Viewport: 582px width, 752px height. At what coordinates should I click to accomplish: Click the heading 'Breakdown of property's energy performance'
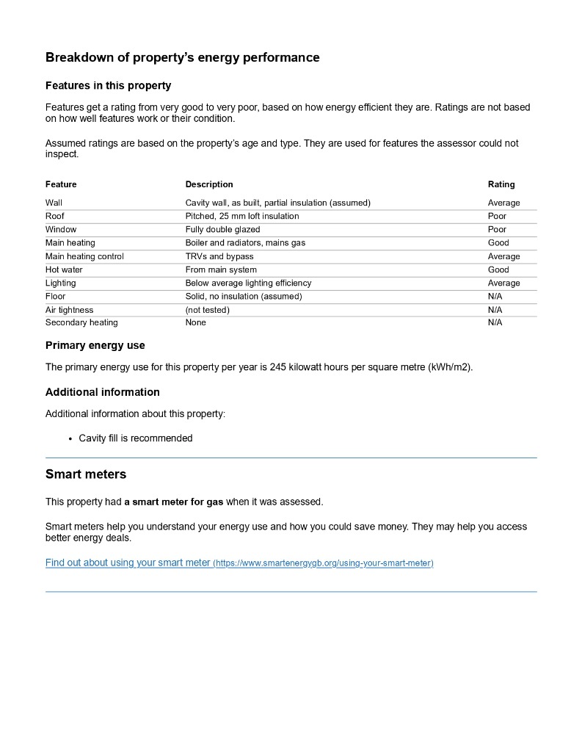(x=182, y=57)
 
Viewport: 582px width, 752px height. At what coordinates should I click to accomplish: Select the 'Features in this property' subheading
(x=108, y=86)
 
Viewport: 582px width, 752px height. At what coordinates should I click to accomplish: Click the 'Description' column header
(x=209, y=184)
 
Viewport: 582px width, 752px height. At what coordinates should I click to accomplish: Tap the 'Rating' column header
(x=501, y=184)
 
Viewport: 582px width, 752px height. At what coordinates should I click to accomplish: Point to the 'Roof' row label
(x=55, y=216)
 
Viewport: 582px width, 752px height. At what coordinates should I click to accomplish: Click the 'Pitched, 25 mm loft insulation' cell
(x=242, y=216)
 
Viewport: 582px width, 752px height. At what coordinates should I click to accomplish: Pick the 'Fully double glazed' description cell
(x=222, y=229)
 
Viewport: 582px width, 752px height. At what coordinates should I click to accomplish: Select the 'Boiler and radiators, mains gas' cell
(x=245, y=242)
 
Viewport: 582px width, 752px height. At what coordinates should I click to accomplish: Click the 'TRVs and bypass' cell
(x=219, y=256)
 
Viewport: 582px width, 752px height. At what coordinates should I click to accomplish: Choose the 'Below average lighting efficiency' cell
(x=248, y=283)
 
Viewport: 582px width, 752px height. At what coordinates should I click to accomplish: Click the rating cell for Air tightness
(x=495, y=310)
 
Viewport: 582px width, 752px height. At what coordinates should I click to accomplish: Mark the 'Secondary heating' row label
(x=81, y=322)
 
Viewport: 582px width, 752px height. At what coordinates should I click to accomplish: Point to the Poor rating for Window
(x=497, y=229)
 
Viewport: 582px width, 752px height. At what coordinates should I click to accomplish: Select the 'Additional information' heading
(x=102, y=392)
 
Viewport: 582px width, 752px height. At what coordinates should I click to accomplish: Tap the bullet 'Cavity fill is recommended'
(x=136, y=438)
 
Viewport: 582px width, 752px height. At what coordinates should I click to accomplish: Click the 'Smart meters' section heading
(x=86, y=474)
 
